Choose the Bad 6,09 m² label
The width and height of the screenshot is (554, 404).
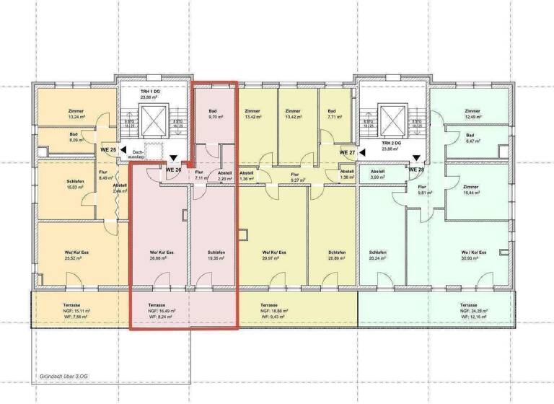coord(74,137)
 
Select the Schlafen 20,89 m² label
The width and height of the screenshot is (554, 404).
coord(334,255)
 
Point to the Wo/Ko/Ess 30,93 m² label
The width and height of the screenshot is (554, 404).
coord(473,255)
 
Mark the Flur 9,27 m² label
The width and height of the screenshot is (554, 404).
coord(294,177)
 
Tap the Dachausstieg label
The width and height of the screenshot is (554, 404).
coord(137,153)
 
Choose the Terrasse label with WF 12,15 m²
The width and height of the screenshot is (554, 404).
coord(473,311)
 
